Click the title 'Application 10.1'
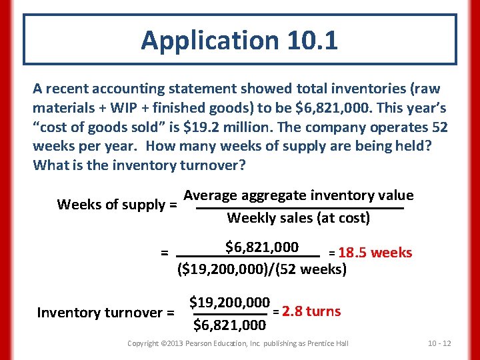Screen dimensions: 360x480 239,40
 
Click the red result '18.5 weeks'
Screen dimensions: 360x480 375,253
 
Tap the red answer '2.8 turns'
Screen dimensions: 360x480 311,311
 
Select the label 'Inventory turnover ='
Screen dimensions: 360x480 106,313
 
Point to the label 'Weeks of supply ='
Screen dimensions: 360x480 117,204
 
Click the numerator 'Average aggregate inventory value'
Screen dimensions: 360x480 299,195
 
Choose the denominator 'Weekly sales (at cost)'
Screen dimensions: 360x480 299,218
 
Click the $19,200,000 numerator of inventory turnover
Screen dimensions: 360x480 230,301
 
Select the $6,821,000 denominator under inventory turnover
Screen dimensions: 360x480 230,325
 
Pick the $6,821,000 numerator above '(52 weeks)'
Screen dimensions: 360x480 262,247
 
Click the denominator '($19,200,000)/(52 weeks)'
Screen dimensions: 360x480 262,270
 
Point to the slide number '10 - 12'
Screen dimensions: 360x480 439,343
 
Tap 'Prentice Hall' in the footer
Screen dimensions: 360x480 326,343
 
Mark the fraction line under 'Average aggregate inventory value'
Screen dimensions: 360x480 300,209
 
